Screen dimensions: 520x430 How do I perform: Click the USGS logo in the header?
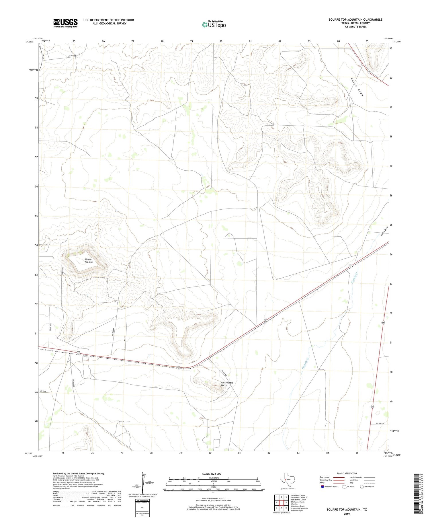click(65, 23)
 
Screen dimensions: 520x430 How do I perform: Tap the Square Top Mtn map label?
click(89, 260)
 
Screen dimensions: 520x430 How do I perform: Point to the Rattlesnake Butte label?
click(227, 384)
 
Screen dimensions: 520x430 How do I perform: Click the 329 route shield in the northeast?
click(369, 72)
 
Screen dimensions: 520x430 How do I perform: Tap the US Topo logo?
click(214, 24)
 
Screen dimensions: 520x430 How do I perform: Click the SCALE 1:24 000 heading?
click(212, 474)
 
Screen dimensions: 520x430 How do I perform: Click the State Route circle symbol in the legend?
click(362, 487)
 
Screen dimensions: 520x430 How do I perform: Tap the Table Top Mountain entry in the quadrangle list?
click(299, 509)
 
